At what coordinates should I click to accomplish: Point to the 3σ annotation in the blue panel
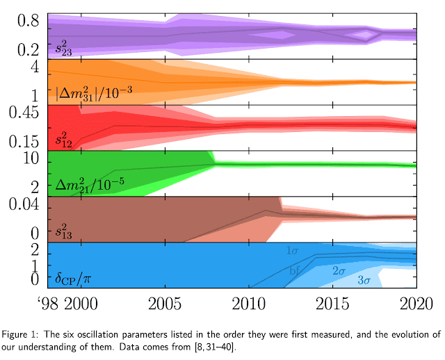pyautogui.click(x=364, y=280)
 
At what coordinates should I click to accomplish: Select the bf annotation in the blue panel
pyautogui.click(x=294, y=271)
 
